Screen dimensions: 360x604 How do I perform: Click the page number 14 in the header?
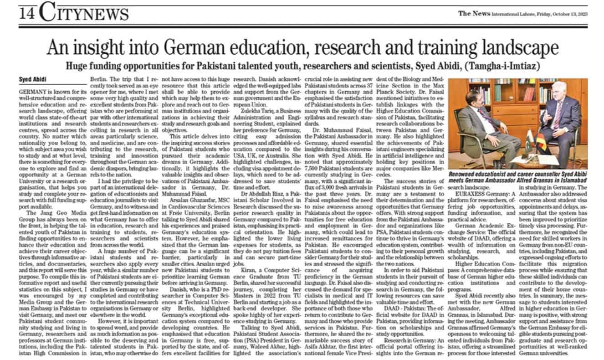[28, 14]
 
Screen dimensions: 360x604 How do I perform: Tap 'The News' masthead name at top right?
[473, 13]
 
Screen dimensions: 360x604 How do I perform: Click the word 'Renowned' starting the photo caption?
[464, 175]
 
